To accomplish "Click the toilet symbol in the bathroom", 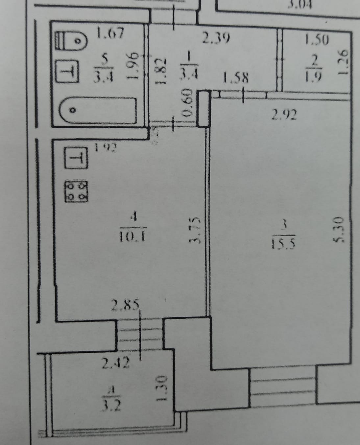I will pyautogui.click(x=71, y=41).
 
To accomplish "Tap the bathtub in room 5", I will pyautogui.click(x=98, y=110).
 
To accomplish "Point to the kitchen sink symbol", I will pyautogui.click(x=76, y=158).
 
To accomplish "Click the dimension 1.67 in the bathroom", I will pyautogui.click(x=110, y=33).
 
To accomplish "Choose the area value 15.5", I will pyautogui.click(x=285, y=243).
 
